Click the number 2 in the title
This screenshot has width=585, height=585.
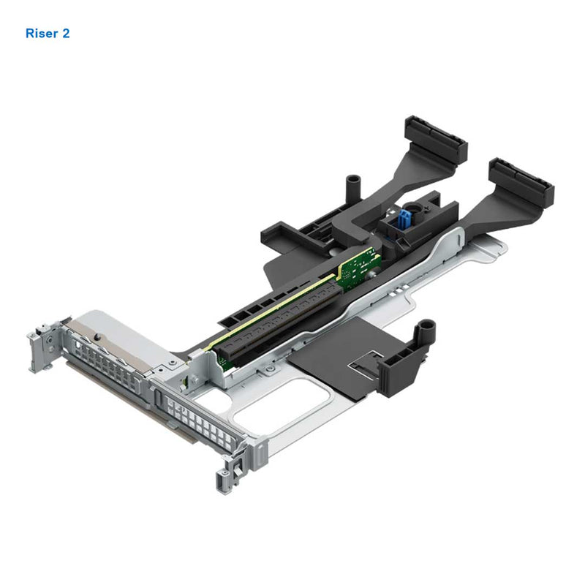tap(67, 34)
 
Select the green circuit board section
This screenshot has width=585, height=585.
tap(361, 266)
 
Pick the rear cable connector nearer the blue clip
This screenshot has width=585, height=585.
tap(431, 136)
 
